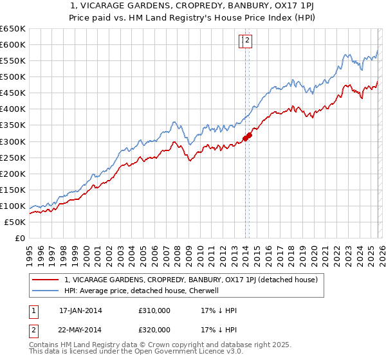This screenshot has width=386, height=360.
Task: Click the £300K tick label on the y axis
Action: point(12,141)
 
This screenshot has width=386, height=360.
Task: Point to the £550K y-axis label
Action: point(12,61)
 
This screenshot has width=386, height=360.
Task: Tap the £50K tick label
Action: point(15,222)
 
